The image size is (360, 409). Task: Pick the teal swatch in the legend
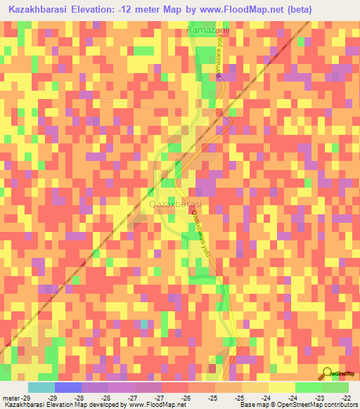[41, 387]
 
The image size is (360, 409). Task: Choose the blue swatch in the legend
[67, 387]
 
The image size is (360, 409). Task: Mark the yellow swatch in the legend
[281, 387]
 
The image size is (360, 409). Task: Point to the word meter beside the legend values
[10, 398]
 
